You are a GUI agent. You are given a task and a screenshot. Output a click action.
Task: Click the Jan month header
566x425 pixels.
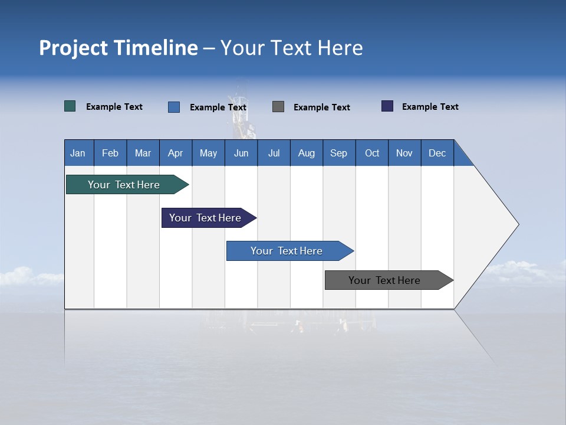click(x=78, y=153)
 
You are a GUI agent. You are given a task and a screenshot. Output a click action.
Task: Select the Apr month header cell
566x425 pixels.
click(x=176, y=153)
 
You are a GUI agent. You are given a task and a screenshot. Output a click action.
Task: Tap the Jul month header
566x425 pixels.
click(x=274, y=153)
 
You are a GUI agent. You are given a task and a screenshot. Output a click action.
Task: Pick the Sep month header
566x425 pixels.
click(x=339, y=153)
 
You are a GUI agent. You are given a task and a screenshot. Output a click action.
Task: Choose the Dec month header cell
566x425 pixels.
click(x=437, y=153)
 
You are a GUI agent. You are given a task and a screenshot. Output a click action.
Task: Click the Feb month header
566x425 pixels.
click(x=110, y=153)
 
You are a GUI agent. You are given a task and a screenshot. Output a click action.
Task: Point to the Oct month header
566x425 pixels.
click(x=372, y=153)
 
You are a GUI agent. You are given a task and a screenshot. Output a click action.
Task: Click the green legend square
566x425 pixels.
click(x=70, y=106)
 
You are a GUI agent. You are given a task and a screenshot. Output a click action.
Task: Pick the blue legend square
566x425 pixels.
click(x=174, y=107)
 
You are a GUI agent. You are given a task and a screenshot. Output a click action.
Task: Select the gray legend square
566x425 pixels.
click(x=278, y=106)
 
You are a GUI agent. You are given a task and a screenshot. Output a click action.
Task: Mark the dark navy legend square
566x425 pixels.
click(x=387, y=106)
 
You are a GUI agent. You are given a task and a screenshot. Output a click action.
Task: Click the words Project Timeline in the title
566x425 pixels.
click(x=119, y=48)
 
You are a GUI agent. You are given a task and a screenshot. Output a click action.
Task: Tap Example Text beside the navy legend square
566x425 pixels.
click(x=430, y=107)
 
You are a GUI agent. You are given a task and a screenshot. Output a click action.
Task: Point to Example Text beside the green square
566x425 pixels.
click(x=114, y=107)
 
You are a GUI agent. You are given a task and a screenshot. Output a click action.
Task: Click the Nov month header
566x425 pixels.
click(x=404, y=153)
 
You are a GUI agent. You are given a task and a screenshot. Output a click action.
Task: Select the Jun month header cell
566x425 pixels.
click(x=241, y=153)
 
